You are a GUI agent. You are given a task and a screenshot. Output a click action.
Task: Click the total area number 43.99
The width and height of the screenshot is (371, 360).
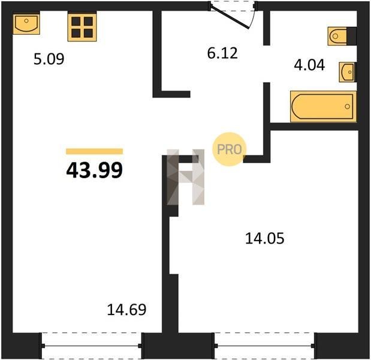(x=95, y=170)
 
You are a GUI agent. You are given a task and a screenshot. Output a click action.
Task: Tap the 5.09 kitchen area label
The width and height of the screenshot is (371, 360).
(x=49, y=59)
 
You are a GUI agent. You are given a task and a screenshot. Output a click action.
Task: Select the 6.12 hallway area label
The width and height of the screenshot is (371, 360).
(x=222, y=53)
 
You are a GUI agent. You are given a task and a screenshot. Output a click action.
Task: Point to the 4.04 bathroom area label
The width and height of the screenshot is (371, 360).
(x=309, y=65)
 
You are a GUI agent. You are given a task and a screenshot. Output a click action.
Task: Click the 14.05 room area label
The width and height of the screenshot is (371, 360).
(x=265, y=238)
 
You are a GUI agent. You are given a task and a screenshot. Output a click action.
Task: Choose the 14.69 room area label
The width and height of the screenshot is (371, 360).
(x=127, y=310)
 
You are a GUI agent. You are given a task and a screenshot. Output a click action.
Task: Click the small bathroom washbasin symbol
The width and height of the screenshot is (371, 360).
(x=347, y=72)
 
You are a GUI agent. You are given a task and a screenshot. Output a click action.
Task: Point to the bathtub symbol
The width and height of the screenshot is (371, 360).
(x=324, y=107)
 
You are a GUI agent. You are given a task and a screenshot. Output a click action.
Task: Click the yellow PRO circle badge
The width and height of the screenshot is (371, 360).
(x=230, y=149)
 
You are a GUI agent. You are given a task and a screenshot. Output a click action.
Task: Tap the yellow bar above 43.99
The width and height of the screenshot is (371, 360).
(x=95, y=151)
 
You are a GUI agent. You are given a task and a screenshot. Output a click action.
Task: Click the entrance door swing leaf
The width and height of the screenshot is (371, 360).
(x=230, y=17)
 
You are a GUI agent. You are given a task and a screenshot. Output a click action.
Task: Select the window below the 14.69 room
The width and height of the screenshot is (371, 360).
(x=92, y=346)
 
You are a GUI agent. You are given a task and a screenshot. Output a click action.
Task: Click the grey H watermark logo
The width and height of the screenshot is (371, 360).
(x=186, y=177)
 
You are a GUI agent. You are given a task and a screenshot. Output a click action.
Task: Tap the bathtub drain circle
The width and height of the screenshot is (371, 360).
(x=348, y=107)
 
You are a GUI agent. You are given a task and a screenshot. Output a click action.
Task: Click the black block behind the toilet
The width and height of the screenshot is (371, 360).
(x=352, y=36)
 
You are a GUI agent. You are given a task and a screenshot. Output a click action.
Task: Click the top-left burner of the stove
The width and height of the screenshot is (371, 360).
(x=76, y=22)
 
